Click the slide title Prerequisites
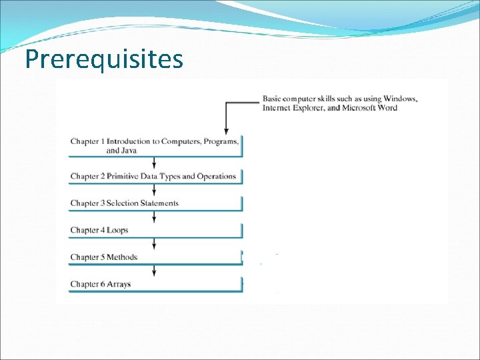(x=103, y=59)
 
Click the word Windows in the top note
(x=401, y=99)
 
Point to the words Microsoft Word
(x=369, y=108)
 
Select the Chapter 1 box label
(x=154, y=141)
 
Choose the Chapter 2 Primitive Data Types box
(x=153, y=177)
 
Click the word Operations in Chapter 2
(x=215, y=177)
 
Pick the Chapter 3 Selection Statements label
(x=125, y=203)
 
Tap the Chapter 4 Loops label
(x=99, y=230)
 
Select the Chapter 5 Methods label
(x=104, y=257)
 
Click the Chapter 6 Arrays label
(x=101, y=284)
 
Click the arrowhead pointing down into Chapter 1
(x=227, y=131)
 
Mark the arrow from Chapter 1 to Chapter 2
(x=155, y=163)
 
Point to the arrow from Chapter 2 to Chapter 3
(x=155, y=190)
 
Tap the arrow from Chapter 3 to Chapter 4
(x=155, y=217)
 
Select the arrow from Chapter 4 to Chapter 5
(x=155, y=243)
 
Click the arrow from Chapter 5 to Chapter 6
(x=155, y=270)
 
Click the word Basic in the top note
(x=273, y=99)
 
